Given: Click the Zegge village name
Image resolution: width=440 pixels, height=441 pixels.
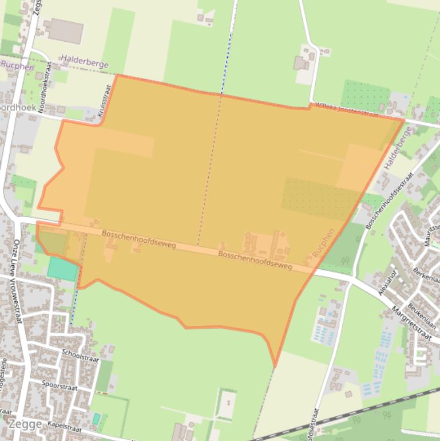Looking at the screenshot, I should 25,424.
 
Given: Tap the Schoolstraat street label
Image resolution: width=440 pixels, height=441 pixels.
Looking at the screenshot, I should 81,356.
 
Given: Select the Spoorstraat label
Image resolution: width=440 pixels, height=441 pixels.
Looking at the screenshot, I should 60,384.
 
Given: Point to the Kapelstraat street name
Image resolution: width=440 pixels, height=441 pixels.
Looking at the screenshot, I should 65,427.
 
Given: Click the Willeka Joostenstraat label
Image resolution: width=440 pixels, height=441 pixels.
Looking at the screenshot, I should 347,111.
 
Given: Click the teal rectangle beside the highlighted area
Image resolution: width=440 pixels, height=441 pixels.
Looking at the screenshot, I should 62,269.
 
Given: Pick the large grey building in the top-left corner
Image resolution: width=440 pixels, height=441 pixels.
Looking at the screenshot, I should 66,31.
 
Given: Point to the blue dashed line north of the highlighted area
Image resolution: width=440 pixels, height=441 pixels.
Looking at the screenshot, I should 229,52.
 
